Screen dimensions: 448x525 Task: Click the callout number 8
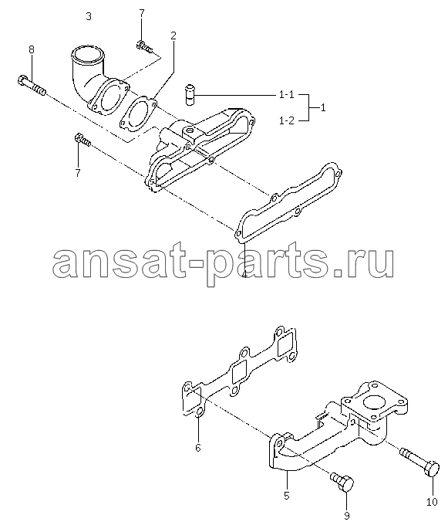31,50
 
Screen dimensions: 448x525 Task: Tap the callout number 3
89,16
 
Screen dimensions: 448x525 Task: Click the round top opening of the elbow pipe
87,54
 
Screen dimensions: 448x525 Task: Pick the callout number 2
173,36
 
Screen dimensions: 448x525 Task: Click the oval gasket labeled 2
138,113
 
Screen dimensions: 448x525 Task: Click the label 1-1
287,95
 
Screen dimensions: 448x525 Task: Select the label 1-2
287,120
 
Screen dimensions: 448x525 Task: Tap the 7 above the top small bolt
141,13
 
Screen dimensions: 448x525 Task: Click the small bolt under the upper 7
145,47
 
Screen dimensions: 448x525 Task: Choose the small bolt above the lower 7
83,140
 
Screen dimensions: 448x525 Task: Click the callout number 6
198,447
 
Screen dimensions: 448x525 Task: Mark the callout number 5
287,496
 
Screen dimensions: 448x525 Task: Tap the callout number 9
347,517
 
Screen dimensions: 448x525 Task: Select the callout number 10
432,502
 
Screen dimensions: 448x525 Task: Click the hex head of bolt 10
432,468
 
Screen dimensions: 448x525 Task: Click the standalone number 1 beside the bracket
322,108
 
